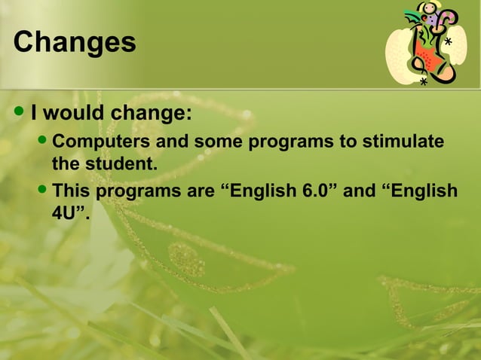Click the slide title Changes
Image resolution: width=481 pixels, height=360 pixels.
coord(75,42)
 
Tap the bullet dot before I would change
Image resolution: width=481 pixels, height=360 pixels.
coord(20,114)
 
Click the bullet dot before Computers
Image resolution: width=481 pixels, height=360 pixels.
coord(42,142)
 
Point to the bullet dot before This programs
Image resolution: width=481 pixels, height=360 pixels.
coord(42,190)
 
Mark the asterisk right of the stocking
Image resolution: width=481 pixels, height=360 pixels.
coord(449,43)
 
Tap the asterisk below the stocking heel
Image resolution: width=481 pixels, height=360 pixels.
coord(424,82)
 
